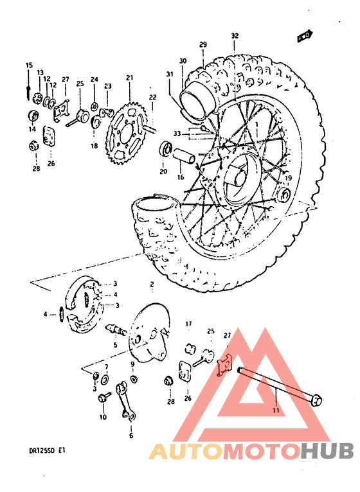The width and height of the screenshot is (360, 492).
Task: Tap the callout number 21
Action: pyautogui.click(x=129, y=78)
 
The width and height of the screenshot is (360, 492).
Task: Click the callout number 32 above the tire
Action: pyautogui.click(x=235, y=36)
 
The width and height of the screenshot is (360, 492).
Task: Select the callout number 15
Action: pyautogui.click(x=29, y=66)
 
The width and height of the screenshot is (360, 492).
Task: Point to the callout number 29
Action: pyautogui.click(x=203, y=44)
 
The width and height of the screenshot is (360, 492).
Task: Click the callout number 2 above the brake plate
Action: pyautogui.click(x=152, y=284)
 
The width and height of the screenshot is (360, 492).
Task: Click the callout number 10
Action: pyautogui.click(x=103, y=417)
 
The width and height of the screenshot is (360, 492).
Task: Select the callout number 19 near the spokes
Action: pyautogui.click(x=289, y=178)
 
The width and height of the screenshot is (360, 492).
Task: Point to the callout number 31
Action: pyautogui.click(x=169, y=75)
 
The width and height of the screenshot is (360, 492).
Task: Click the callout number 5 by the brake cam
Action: pyautogui.click(x=116, y=345)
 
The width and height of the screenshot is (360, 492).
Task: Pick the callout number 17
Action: pyautogui.click(x=190, y=323)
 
